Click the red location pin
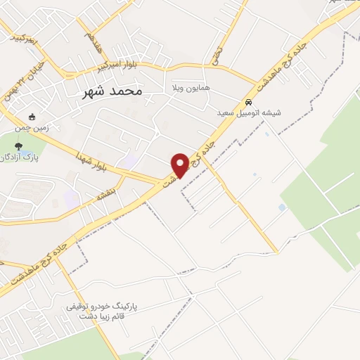[180, 165]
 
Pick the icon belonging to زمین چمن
[31, 116]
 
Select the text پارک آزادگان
[37, 157]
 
